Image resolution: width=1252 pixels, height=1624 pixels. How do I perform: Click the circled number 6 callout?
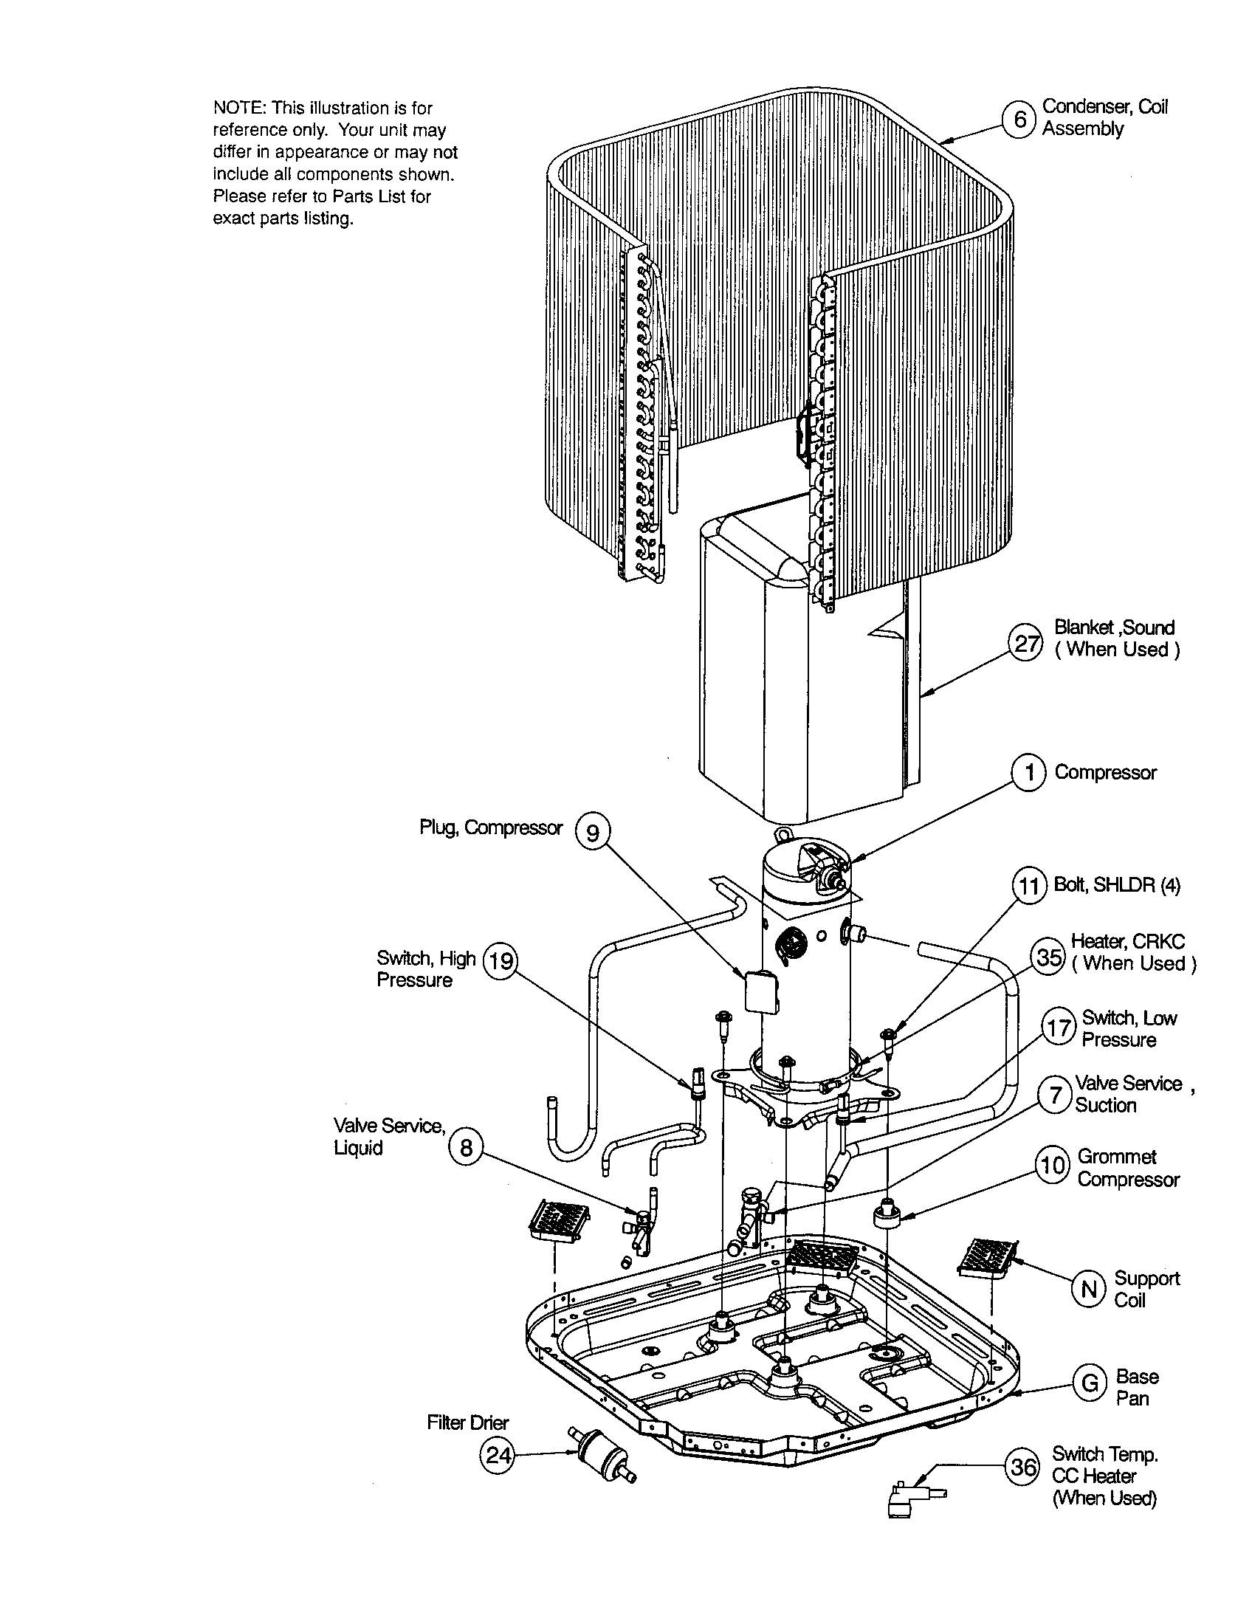[1021, 119]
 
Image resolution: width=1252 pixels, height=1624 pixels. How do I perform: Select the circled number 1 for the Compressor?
[1030, 774]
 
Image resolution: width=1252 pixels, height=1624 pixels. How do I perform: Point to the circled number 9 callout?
[593, 833]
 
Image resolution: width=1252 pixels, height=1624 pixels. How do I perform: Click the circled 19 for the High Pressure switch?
[501, 961]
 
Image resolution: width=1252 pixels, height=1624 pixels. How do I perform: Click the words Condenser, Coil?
[1104, 107]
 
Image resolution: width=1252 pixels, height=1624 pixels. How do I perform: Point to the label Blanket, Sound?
[1114, 627]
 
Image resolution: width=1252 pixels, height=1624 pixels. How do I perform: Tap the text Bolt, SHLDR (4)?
[1117, 885]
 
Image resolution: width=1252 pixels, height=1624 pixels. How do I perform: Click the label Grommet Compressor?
[1128, 1169]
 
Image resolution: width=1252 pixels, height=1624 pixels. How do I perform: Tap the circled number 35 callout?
[1049, 956]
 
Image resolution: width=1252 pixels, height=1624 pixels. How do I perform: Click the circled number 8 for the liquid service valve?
[466, 1148]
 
